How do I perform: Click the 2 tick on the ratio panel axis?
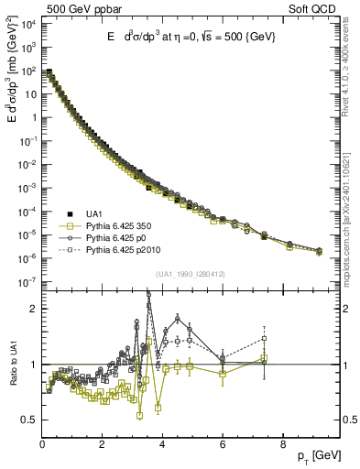point(33,309)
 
